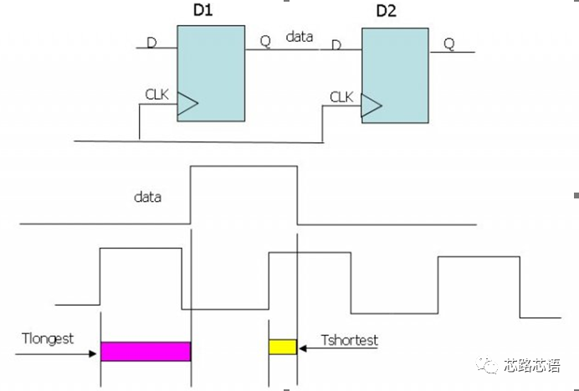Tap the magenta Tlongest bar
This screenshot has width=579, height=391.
tap(146, 351)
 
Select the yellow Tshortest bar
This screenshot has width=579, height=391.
tap(283, 347)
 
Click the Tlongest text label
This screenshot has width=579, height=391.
tap(49, 339)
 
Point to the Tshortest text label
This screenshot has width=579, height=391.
tap(349, 341)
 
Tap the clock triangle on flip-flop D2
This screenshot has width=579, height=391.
tap(371, 105)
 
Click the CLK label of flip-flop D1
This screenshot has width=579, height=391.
tap(156, 95)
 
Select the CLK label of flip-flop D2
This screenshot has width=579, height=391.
tap(341, 97)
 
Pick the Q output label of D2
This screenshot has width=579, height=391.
tap(449, 44)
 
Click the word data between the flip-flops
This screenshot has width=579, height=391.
tap(300, 38)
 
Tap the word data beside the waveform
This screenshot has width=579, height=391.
tap(147, 198)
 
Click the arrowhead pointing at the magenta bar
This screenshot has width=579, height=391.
tap(95, 352)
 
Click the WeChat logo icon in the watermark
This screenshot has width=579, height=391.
tap(487, 366)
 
